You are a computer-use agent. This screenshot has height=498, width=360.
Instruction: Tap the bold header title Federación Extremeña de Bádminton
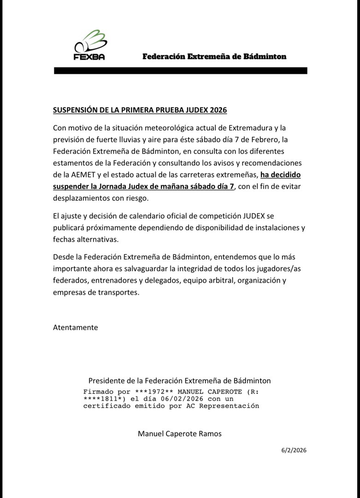[214, 57]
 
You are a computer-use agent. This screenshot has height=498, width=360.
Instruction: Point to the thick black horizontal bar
[180, 71]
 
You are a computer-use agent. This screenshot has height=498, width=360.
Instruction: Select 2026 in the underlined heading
[218, 110]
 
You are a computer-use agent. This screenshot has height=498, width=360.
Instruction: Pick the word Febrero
[264, 139]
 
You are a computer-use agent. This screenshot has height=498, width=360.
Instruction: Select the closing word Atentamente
[76, 327]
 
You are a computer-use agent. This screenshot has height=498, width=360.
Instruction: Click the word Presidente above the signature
[106, 381]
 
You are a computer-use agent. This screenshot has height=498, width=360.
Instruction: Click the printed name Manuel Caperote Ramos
[180, 433]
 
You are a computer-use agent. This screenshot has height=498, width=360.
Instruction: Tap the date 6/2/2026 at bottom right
[294, 450]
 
